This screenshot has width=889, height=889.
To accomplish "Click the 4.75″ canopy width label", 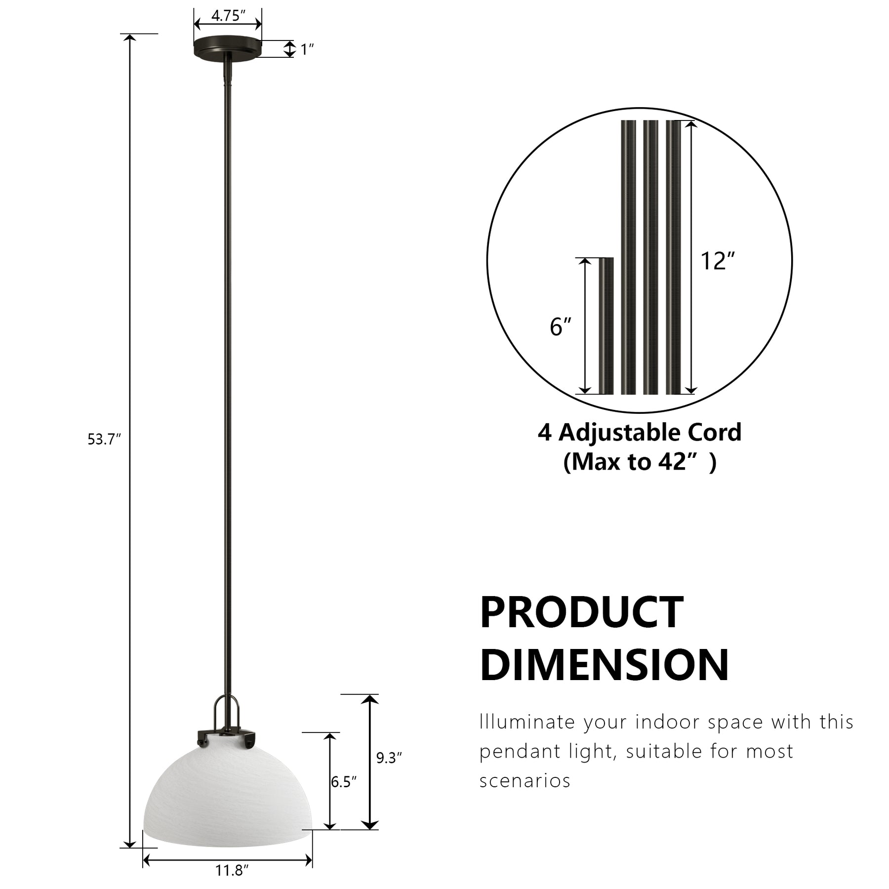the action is click(x=228, y=16).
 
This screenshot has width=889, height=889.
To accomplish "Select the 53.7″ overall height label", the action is click(x=104, y=439).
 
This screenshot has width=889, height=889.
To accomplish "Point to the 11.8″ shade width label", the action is click(x=232, y=870).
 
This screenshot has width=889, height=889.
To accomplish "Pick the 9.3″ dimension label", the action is click(x=389, y=758).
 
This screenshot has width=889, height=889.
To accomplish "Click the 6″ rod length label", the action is click(x=561, y=327).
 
